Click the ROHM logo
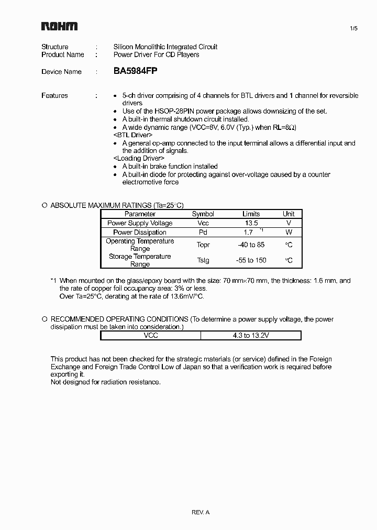tap(59, 26)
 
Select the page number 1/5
tap(353, 29)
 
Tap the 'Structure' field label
tap(54, 47)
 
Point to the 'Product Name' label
tap(62, 54)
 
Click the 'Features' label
tap(54, 95)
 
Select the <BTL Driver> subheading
tap(132, 135)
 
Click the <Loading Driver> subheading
tap(139, 158)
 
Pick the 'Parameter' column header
tap(140, 214)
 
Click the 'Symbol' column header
tap(203, 214)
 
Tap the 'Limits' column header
tap(251, 214)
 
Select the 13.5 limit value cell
tap(251, 223)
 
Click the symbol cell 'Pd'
tap(203, 232)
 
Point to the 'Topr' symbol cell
tap(203, 245)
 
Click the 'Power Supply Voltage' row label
tap(140, 223)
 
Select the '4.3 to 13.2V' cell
tap(251, 335)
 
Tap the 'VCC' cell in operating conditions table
tap(151, 335)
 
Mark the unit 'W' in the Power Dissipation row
tap(289, 232)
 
